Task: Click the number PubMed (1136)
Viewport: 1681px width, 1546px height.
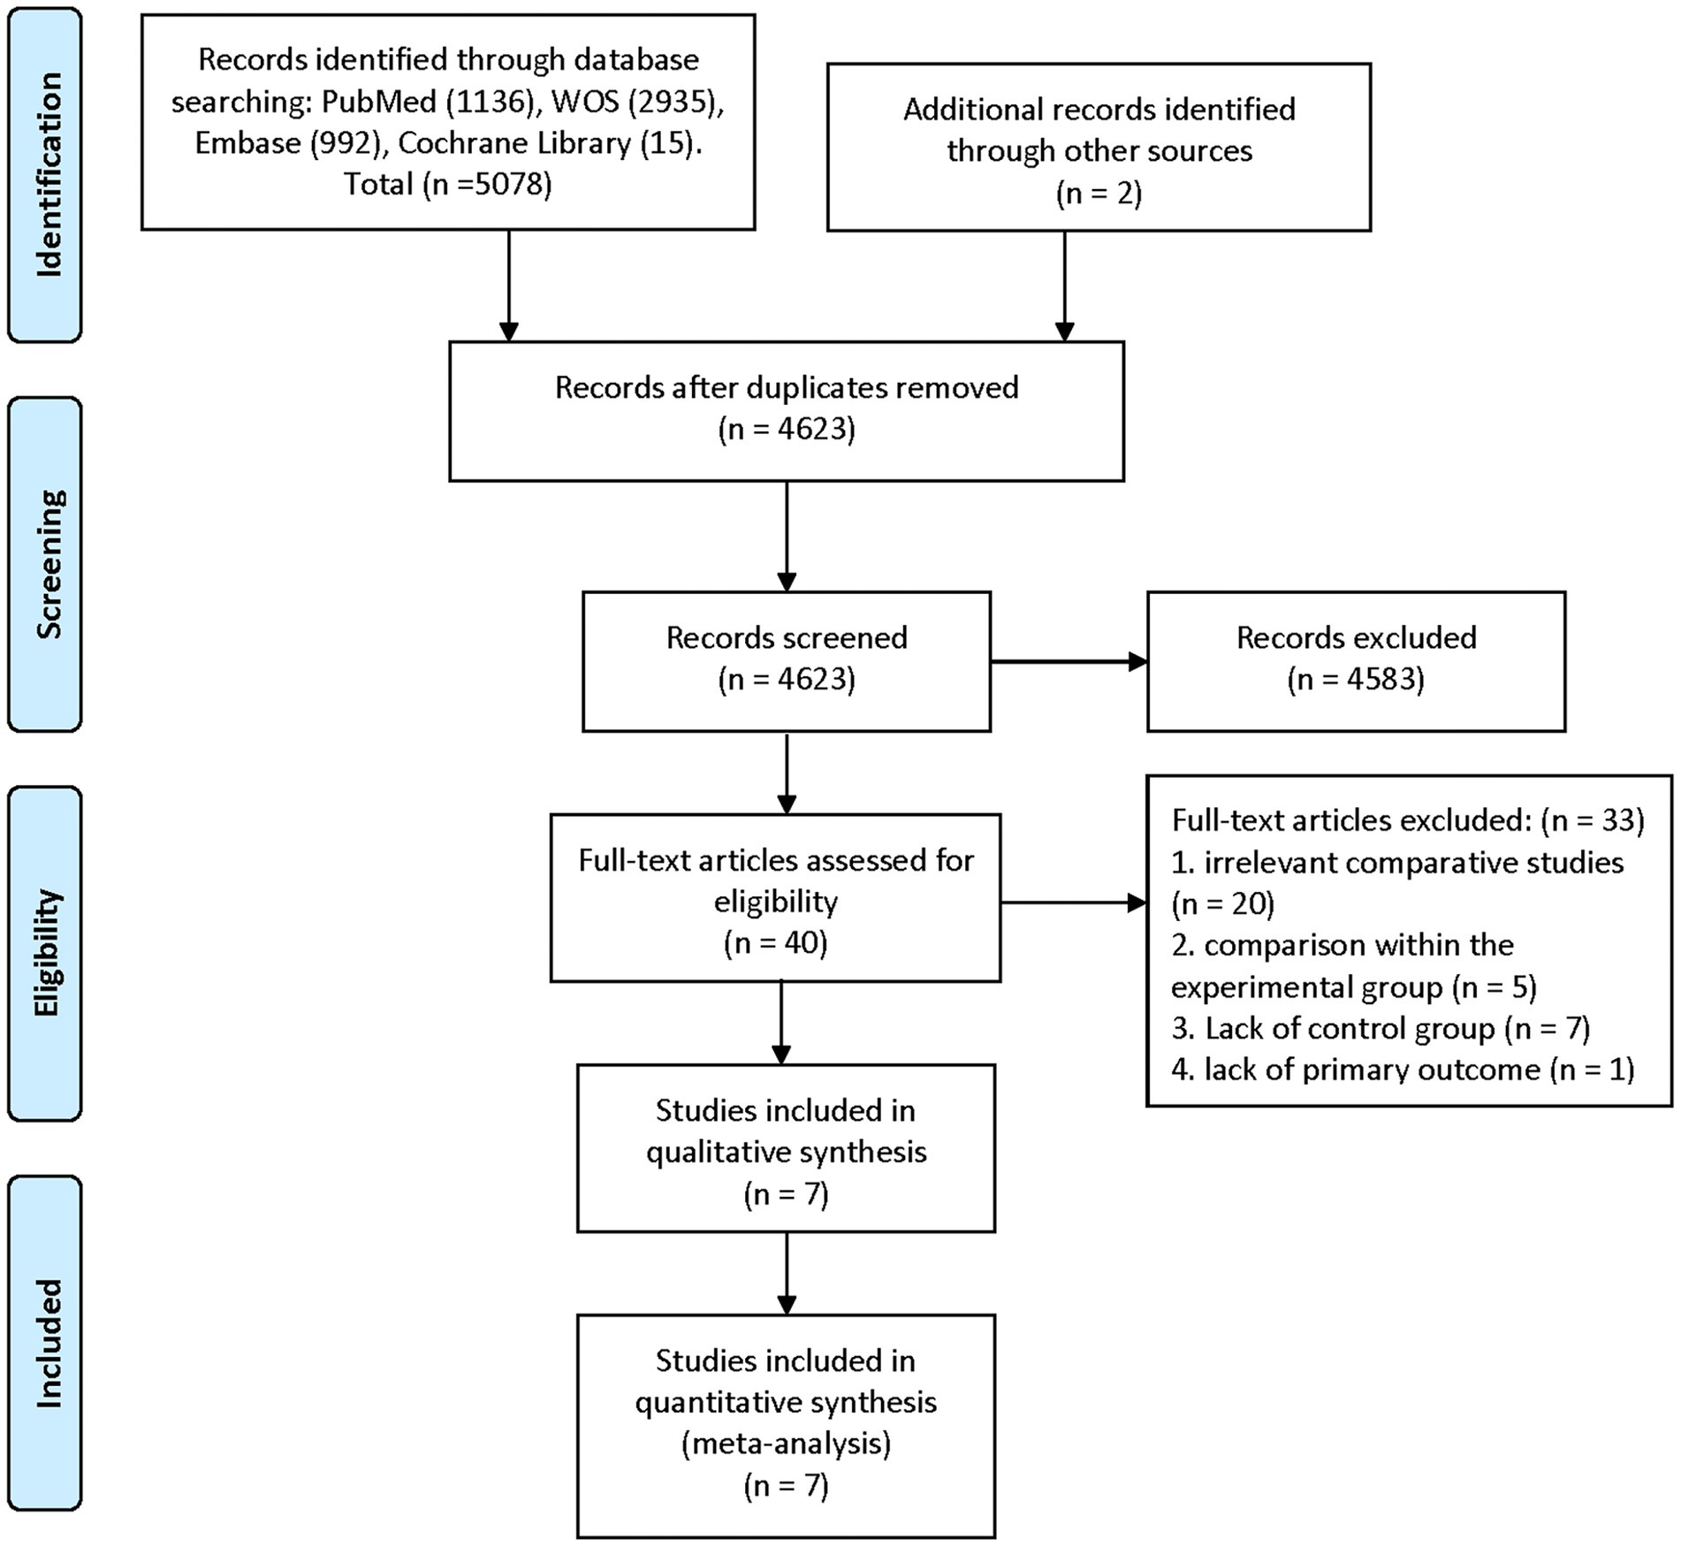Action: [429, 102]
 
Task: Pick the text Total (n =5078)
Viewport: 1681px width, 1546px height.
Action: [448, 184]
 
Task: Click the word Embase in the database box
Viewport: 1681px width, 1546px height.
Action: [247, 143]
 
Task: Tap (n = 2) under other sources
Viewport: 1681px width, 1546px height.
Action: [1099, 193]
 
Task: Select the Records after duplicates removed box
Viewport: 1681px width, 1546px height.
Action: [787, 411]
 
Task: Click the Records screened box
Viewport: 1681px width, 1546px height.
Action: [787, 661]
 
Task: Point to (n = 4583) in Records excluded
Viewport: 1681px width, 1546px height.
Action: [1356, 679]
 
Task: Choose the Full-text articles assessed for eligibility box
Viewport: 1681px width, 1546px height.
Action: [776, 898]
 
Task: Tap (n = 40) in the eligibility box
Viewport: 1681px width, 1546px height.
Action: [776, 943]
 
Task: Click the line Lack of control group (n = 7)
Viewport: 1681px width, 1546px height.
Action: [1381, 1028]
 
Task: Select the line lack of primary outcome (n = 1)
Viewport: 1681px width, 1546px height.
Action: [1403, 1070]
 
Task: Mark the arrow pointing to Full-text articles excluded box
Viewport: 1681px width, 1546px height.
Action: [1074, 902]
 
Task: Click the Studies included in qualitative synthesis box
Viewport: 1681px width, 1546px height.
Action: [787, 1148]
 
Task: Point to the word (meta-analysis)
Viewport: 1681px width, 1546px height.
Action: [787, 1443]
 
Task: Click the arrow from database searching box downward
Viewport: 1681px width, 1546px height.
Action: [508, 286]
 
